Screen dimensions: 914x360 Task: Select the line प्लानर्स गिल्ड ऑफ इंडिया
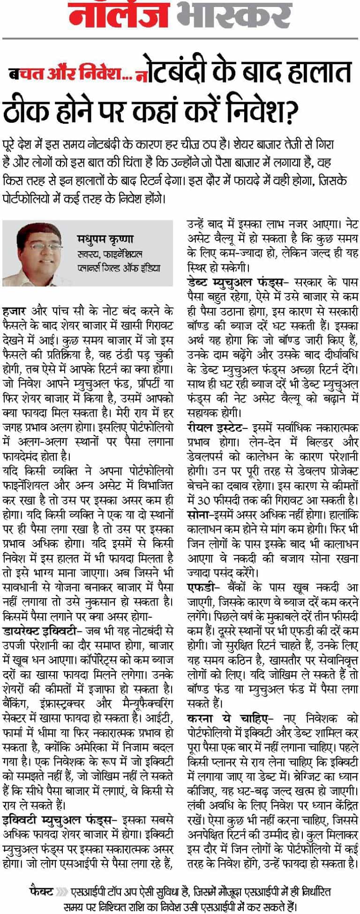(x=119, y=269)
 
